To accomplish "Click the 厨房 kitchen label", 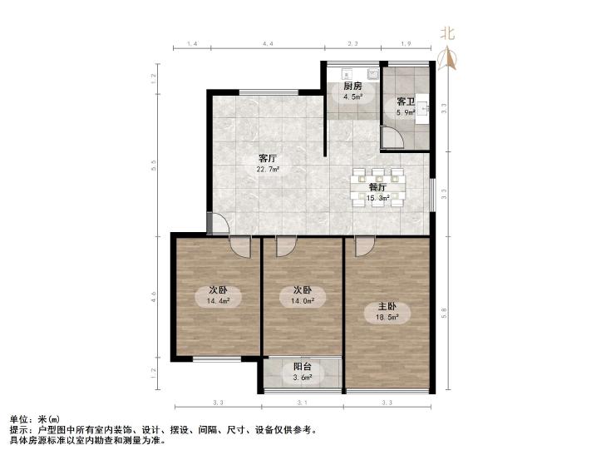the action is tap(352, 86).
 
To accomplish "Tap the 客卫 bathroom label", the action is tap(406, 101).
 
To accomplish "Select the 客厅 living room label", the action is tap(268, 159).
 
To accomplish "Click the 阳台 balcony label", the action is tap(302, 367).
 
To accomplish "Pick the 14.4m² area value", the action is tap(219, 301).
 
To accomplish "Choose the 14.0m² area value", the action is tap(303, 301).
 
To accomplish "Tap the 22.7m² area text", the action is tap(268, 169).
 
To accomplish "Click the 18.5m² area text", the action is tap(387, 318).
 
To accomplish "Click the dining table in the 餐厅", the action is tap(377, 187).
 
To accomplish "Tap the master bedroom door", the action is tap(365, 246).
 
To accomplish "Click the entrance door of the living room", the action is tap(219, 224).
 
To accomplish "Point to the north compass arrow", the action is tap(446, 58).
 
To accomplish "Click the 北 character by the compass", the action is tap(447, 33).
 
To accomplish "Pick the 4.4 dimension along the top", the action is tap(268, 44).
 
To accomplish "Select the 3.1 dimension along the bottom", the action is tap(303, 403).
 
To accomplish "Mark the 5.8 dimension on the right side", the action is tap(444, 311).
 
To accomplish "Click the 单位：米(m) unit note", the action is tap(35, 419).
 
